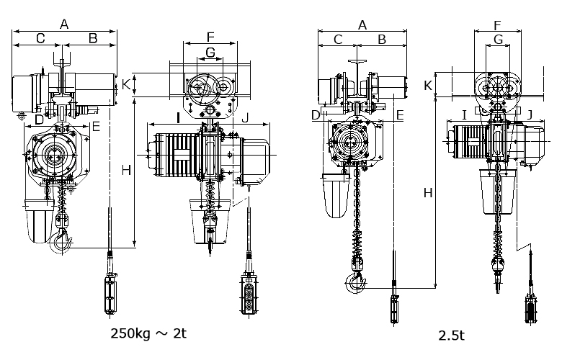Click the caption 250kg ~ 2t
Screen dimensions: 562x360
(x=148, y=333)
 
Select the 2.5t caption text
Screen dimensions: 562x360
(x=451, y=336)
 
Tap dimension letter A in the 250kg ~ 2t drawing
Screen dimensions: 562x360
(x=64, y=24)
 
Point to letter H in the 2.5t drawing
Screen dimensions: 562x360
(x=428, y=193)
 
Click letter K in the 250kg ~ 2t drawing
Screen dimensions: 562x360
(x=126, y=84)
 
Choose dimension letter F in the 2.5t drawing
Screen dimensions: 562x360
(x=497, y=25)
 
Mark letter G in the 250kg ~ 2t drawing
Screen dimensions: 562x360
(x=210, y=53)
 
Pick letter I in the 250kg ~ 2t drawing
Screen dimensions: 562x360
(x=178, y=117)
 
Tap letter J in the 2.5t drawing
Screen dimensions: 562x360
(x=530, y=115)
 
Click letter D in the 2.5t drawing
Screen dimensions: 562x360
(x=316, y=115)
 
